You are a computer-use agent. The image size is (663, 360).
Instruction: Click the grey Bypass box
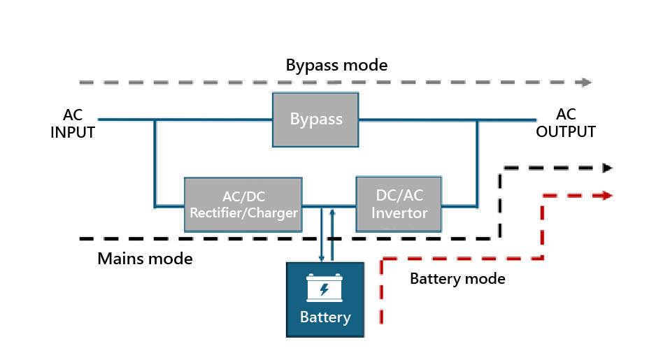tap(315, 120)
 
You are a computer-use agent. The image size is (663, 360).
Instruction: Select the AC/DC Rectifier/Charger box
tap(243, 204)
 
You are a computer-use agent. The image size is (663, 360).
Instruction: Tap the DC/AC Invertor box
tap(399, 204)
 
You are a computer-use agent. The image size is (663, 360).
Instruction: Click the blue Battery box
tap(325, 299)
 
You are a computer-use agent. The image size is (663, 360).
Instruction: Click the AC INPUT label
tap(73, 123)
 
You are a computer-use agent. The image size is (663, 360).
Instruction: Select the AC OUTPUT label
tap(566, 123)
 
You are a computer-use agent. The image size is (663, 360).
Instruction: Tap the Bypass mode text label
tap(336, 66)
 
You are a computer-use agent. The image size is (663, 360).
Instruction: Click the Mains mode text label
tap(145, 259)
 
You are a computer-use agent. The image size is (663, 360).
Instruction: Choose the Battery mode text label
tap(457, 279)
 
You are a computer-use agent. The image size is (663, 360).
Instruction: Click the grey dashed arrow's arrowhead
tap(585, 82)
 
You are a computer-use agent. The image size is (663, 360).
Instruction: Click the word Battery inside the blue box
tap(325, 317)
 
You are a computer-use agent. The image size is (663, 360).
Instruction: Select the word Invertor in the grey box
tap(399, 213)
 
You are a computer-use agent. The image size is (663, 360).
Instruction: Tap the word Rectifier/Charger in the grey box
tap(243, 213)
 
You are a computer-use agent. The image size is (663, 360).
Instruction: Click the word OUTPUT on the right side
tap(566, 131)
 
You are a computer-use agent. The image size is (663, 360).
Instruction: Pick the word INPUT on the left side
tap(73, 132)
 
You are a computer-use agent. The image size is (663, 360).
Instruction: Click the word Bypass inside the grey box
tap(316, 119)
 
